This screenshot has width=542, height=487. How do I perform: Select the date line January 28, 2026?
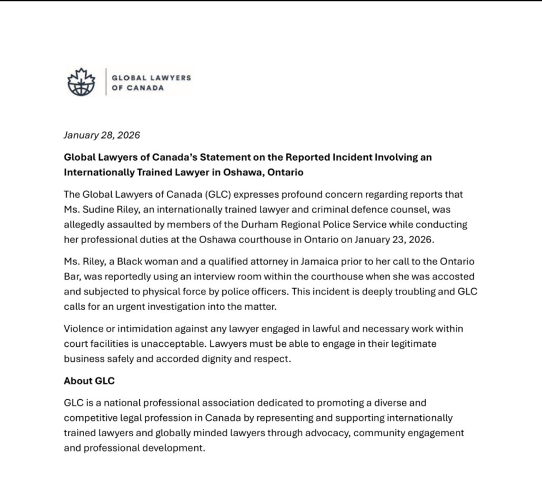click(x=102, y=135)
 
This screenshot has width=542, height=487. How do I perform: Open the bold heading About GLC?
click(x=89, y=381)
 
